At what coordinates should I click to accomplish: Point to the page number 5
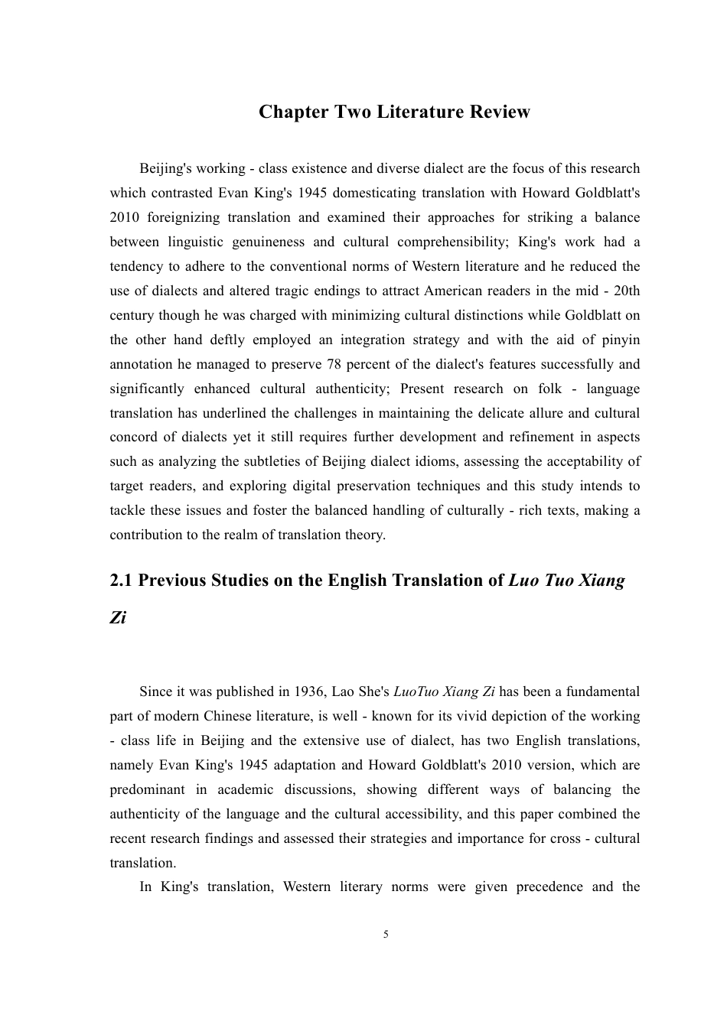pyautogui.click(x=386, y=934)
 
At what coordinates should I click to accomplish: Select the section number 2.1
pyautogui.click(x=121, y=581)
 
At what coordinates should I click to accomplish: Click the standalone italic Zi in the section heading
pyautogui.click(x=118, y=617)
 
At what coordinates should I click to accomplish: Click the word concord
pyautogui.click(x=132, y=437)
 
